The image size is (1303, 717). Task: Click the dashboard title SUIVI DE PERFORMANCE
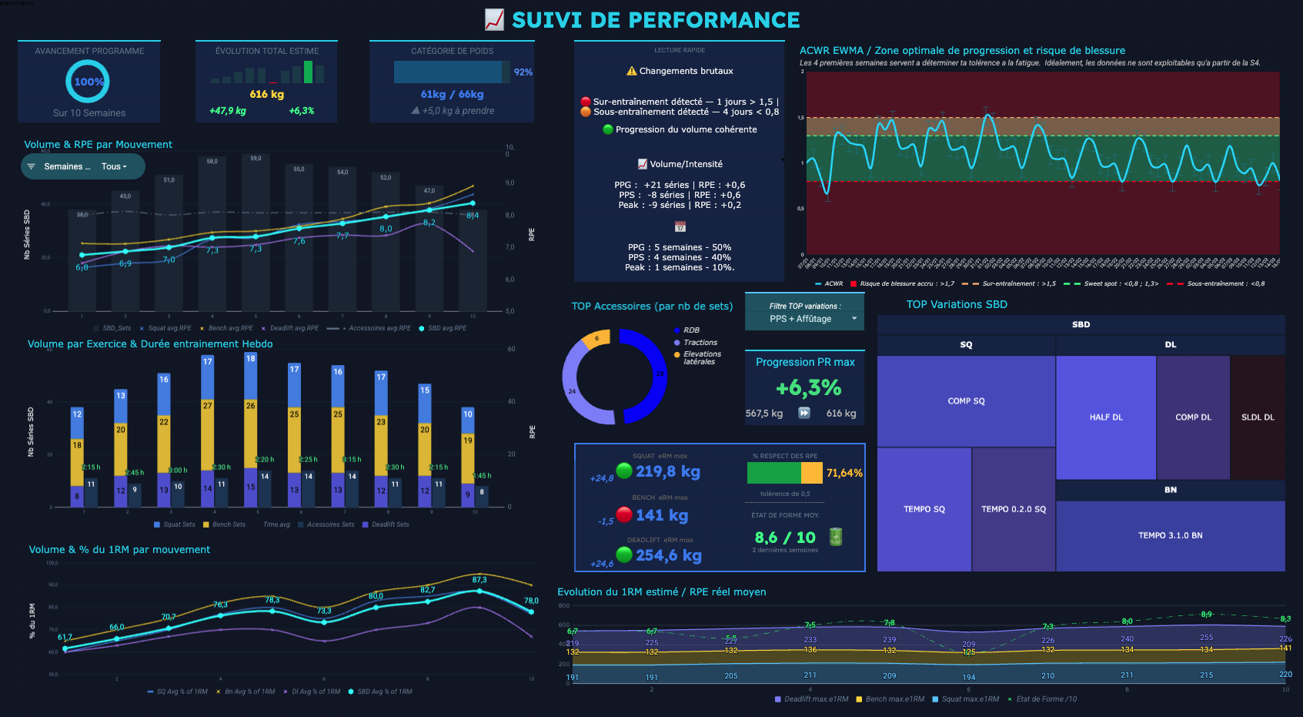(656, 20)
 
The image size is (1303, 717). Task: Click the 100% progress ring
(88, 82)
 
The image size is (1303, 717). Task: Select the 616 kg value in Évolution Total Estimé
(266, 94)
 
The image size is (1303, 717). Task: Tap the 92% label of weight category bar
(523, 72)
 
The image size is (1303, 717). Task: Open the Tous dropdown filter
(114, 166)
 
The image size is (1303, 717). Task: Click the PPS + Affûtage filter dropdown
(805, 319)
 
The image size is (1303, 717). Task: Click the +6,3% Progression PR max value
(808, 387)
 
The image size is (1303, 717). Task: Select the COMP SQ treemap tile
(966, 401)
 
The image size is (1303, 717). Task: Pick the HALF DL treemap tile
(1105, 417)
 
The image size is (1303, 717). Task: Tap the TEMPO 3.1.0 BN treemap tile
(1170, 535)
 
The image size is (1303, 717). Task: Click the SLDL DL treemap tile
(1257, 417)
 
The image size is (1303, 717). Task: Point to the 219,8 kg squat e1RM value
(667, 471)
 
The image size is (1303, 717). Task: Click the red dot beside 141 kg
(624, 514)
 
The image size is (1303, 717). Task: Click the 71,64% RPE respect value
(844, 473)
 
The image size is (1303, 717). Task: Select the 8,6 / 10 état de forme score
(784, 538)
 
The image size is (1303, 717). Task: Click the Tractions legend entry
(700, 343)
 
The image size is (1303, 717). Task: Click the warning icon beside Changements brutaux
(632, 71)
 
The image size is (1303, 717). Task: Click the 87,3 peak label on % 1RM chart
(479, 580)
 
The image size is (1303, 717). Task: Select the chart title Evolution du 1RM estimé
(661, 592)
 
